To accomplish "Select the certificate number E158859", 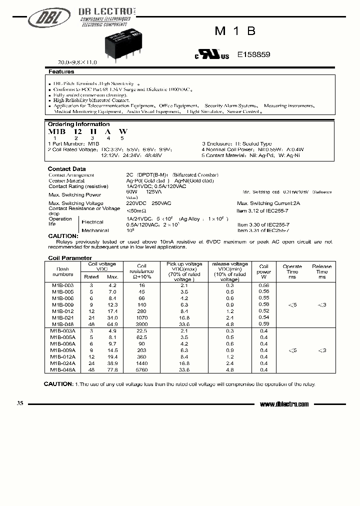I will tap(253, 55).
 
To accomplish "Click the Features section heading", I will tap(61, 72).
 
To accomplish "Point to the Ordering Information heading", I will tap(78, 124).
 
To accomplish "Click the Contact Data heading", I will tap(66, 169).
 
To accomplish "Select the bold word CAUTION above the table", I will tap(63, 235).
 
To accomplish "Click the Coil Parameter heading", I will tap(69, 258).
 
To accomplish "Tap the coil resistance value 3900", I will tap(141, 323).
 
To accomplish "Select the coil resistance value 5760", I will tap(141, 369).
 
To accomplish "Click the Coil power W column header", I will tap(264, 272).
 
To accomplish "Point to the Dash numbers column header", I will tap(63, 271).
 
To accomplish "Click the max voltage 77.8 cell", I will tap(112, 369).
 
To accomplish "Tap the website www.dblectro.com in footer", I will tap(284, 404).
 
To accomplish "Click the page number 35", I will tap(20, 403).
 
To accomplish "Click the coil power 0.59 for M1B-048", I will tap(264, 323).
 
